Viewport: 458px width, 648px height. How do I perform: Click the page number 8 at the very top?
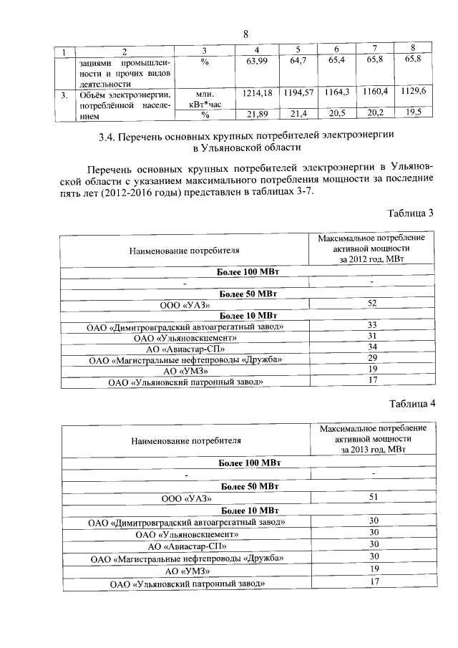pos(245,34)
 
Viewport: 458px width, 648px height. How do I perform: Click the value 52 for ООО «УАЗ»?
pos(371,304)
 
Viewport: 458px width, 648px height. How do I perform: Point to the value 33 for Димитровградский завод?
pos(371,325)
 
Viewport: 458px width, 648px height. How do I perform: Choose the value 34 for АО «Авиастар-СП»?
pos(371,347)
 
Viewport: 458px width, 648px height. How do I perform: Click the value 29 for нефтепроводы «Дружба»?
pos(371,358)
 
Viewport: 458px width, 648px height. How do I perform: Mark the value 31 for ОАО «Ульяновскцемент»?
pos(371,336)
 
